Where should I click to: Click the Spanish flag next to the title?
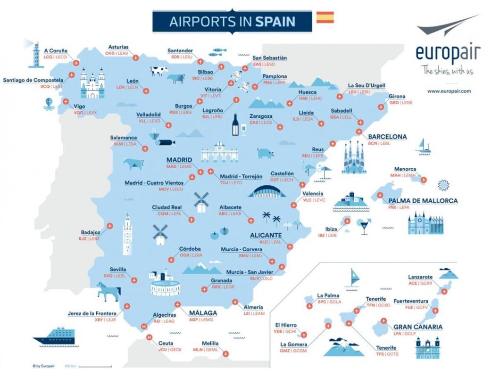point(325,17)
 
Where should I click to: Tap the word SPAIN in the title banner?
point(275,21)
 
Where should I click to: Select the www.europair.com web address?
point(449,91)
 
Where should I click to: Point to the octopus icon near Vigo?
point(49,104)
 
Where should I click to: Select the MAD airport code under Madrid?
point(171,166)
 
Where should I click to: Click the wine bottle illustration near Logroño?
point(235,125)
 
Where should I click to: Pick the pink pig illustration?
point(266,153)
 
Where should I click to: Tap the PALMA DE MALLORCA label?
point(423,201)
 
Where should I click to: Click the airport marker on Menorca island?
point(423,180)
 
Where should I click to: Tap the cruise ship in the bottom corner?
point(54,336)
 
